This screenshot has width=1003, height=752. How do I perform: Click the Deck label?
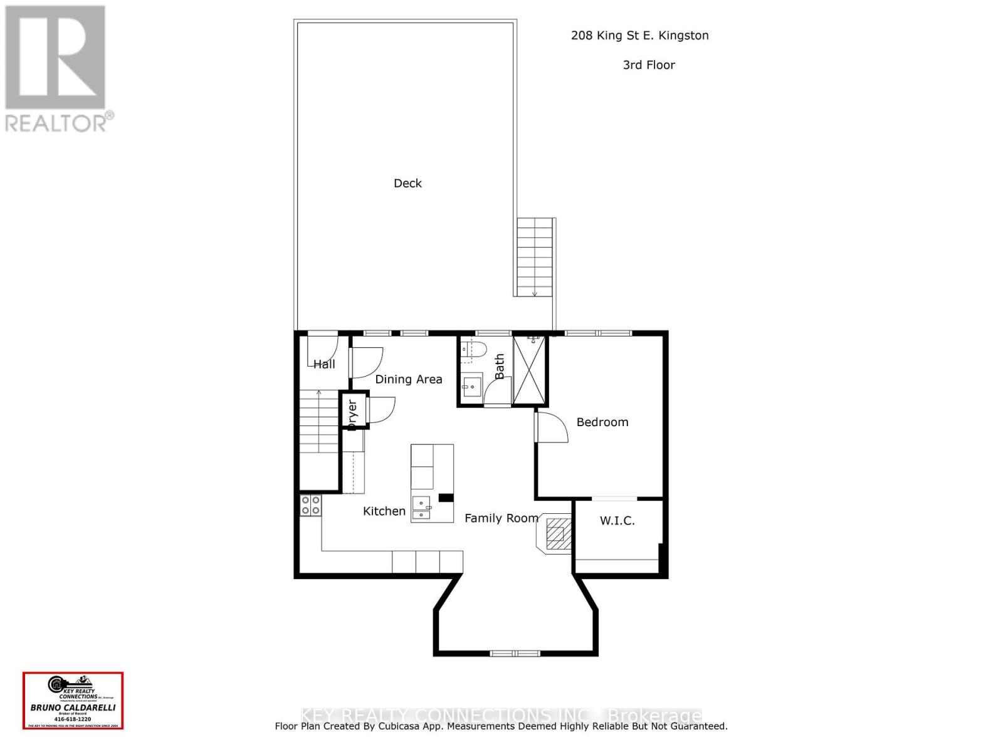click(x=407, y=183)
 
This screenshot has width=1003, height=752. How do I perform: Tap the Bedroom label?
click(x=602, y=422)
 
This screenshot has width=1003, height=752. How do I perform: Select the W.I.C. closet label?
click(x=617, y=521)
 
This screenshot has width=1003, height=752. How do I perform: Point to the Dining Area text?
click(x=408, y=379)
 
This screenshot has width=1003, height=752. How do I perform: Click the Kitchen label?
click(x=384, y=511)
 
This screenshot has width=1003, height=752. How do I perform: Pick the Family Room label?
click(x=501, y=518)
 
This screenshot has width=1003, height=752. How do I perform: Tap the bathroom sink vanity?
click(x=472, y=385)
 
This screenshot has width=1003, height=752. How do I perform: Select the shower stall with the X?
click(x=530, y=370)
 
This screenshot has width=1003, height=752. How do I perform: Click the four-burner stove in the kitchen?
click(x=310, y=505)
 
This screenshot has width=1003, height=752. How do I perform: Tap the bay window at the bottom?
click(x=515, y=653)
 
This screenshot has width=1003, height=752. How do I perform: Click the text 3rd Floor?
click(x=649, y=65)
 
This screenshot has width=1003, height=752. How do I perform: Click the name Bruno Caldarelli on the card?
click(x=73, y=708)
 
